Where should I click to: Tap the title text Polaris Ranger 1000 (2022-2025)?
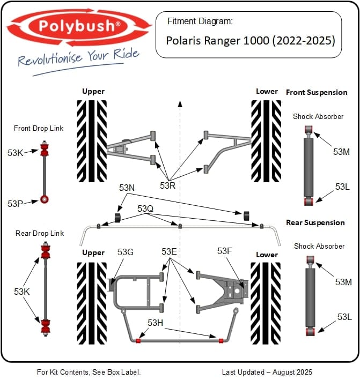250,40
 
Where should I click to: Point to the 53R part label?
168,185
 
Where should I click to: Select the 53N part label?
127,188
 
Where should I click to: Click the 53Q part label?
145,208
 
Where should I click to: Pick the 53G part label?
125,252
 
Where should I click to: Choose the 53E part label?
169,251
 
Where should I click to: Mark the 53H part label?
156,322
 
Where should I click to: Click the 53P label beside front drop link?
16,204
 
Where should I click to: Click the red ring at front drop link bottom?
45,200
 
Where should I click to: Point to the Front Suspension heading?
317,92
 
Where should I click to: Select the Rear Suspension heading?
315,222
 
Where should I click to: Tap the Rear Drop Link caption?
39,233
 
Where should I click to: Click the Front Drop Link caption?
39,128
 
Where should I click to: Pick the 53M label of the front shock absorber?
341,152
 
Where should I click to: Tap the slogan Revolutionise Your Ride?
78,58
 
